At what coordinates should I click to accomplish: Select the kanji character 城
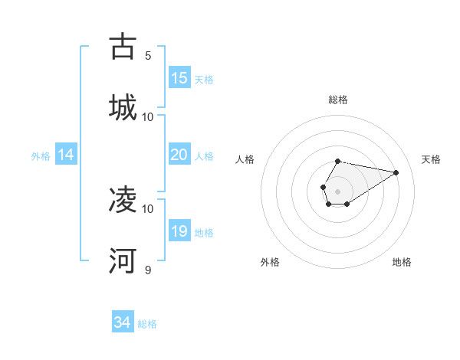[x=123, y=107]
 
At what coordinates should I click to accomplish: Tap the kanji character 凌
[x=123, y=200]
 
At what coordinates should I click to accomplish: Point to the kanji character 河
[x=123, y=261]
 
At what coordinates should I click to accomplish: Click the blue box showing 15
[x=179, y=78]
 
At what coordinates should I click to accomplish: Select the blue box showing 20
[x=179, y=155]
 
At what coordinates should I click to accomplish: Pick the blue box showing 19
[x=179, y=231]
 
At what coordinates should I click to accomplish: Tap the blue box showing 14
[x=66, y=155]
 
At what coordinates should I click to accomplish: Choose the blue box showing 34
[x=123, y=322]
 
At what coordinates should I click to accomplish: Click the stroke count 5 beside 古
[x=148, y=55]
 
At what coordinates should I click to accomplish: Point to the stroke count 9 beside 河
[x=148, y=270]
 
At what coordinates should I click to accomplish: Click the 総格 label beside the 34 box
[x=148, y=324]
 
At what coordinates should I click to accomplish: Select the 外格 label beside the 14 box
[x=41, y=156]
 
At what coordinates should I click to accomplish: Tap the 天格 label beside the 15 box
[x=204, y=80]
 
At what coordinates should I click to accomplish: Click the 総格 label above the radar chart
[x=338, y=100]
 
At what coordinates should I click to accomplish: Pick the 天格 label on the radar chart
[x=432, y=159]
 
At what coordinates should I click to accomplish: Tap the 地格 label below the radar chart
[x=402, y=262]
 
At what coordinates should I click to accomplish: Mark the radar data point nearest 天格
[x=396, y=172]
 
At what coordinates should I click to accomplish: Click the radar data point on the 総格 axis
[x=338, y=162]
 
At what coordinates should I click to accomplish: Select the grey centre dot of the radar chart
[x=337, y=190]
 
